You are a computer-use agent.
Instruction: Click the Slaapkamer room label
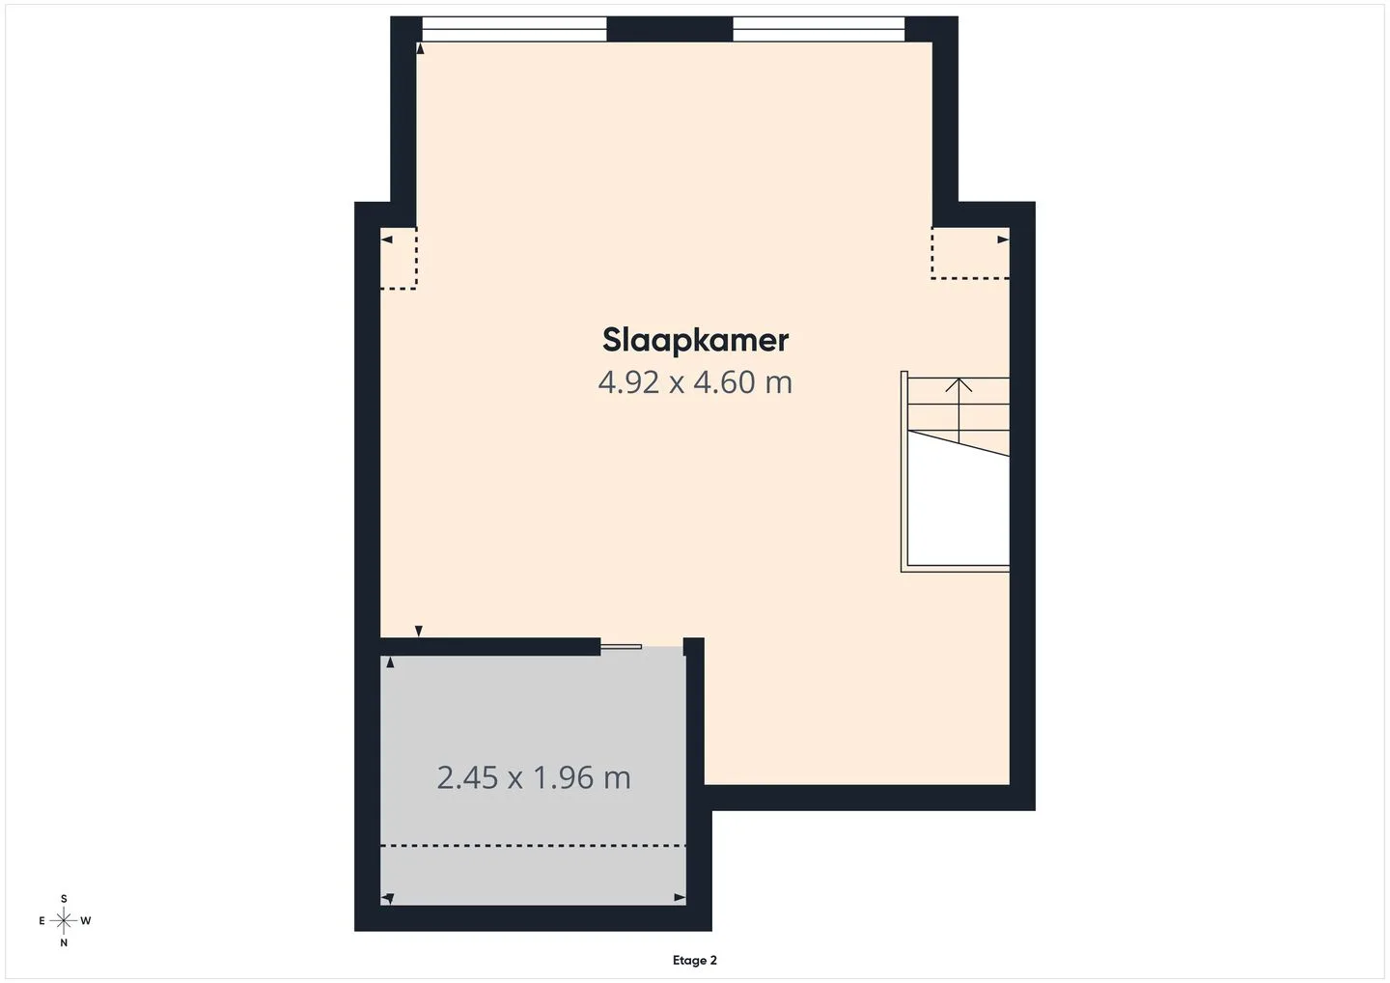pyautogui.click(x=695, y=341)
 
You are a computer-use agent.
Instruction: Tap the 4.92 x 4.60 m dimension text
pyautogui.click(x=695, y=382)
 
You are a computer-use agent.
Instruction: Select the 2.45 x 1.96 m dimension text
pyautogui.click(x=534, y=777)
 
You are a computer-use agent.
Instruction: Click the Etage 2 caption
pyautogui.click(x=694, y=960)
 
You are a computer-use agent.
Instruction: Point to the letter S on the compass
pyautogui.click(x=64, y=899)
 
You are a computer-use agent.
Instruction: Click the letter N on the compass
pyautogui.click(x=64, y=942)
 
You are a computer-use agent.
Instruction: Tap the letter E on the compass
pyautogui.click(x=42, y=921)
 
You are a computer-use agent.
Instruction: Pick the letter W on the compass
pyautogui.click(x=86, y=921)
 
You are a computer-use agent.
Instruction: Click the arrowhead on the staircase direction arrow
pyautogui.click(x=959, y=384)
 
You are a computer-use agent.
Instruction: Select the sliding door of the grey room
pyautogui.click(x=622, y=647)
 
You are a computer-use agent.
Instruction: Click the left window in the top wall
pyautogui.click(x=514, y=29)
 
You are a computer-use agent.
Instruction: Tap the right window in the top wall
pyautogui.click(x=820, y=29)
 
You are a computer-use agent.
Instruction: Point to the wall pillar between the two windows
pyautogui.click(x=670, y=29)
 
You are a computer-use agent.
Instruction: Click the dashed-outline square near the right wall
pyautogui.click(x=970, y=253)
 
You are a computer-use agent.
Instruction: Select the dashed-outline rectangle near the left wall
pyautogui.click(x=399, y=258)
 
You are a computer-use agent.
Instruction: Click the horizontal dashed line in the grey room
pyautogui.click(x=533, y=846)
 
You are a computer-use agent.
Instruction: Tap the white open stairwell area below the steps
pyautogui.click(x=959, y=509)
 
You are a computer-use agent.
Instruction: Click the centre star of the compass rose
pyautogui.click(x=64, y=921)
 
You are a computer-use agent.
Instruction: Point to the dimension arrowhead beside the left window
pyautogui.click(x=420, y=48)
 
